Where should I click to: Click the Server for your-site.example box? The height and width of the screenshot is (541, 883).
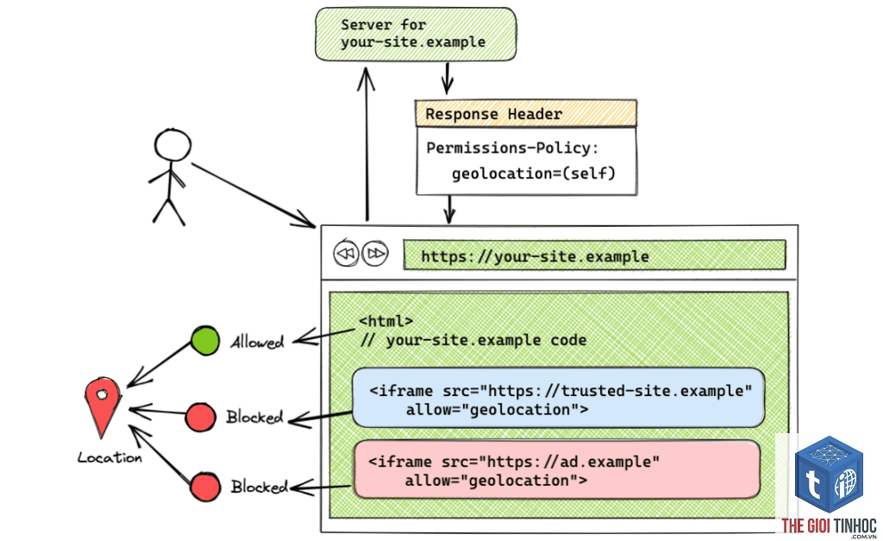(x=416, y=34)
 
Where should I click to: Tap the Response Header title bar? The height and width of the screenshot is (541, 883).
(x=526, y=114)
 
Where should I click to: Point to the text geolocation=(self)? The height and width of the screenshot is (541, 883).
(x=533, y=173)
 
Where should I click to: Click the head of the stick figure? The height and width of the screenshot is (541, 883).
(x=172, y=145)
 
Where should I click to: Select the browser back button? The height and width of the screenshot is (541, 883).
(x=346, y=254)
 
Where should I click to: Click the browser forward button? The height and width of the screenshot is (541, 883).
(x=375, y=254)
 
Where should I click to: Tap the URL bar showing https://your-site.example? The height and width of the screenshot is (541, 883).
(x=595, y=255)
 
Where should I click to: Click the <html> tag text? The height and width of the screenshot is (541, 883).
(x=386, y=321)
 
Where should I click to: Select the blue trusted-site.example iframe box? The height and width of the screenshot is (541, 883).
(x=558, y=398)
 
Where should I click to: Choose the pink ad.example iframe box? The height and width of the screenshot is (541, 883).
(x=557, y=469)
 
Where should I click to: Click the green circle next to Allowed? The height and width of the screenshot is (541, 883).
(x=205, y=340)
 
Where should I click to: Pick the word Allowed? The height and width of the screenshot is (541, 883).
(x=257, y=342)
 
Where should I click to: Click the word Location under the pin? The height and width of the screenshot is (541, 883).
(x=110, y=457)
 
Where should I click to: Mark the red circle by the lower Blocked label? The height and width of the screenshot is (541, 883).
(x=205, y=487)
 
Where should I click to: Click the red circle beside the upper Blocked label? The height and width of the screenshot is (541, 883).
(x=200, y=418)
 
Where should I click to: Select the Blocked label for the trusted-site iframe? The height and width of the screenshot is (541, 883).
(x=254, y=417)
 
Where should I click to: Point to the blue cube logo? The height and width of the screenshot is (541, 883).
(x=829, y=475)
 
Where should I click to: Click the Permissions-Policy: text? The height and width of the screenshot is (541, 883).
(x=512, y=148)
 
